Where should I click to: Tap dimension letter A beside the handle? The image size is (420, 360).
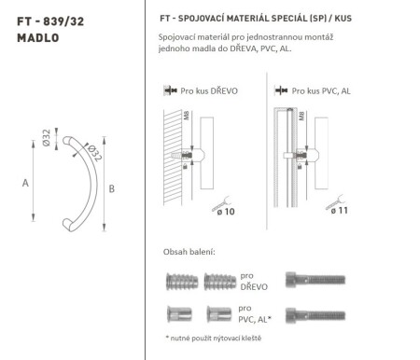point(25,183)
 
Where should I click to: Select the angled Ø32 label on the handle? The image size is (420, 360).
point(91,148)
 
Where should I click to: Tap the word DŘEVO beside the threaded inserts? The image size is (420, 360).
point(253,286)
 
